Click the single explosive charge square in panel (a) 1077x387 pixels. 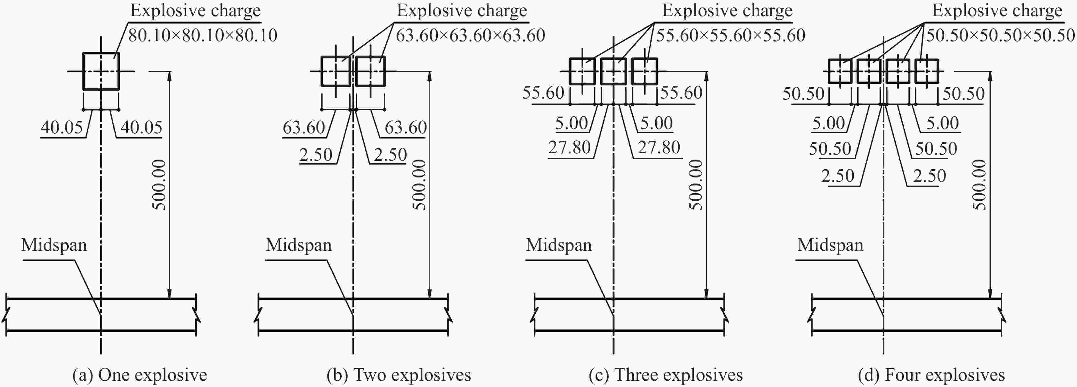101,71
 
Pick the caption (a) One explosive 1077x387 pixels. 140,375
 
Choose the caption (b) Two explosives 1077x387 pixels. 399,375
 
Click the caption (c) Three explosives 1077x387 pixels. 666,375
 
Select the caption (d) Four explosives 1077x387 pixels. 931,375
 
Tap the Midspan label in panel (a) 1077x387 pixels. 54,245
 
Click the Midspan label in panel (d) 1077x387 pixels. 830,245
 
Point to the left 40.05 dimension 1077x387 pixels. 62,127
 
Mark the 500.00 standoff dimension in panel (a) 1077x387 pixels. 159,184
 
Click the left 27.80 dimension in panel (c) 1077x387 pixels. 570,148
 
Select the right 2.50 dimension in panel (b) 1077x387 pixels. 390,155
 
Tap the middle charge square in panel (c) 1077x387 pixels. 613,71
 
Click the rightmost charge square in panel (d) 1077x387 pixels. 927,71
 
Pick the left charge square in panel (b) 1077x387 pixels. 336,71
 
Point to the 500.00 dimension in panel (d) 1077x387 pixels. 980,184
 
